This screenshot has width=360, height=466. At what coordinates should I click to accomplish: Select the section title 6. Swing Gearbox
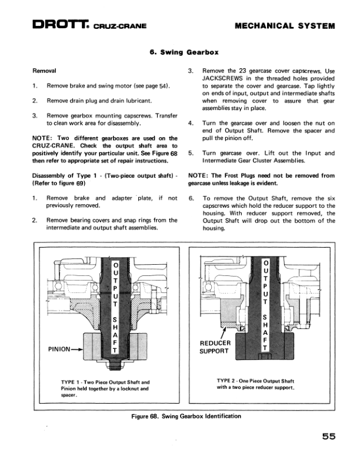(x=180, y=52)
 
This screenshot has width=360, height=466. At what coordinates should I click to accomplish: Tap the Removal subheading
(x=45, y=71)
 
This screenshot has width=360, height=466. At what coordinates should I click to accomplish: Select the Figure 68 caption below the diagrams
(x=186, y=416)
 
